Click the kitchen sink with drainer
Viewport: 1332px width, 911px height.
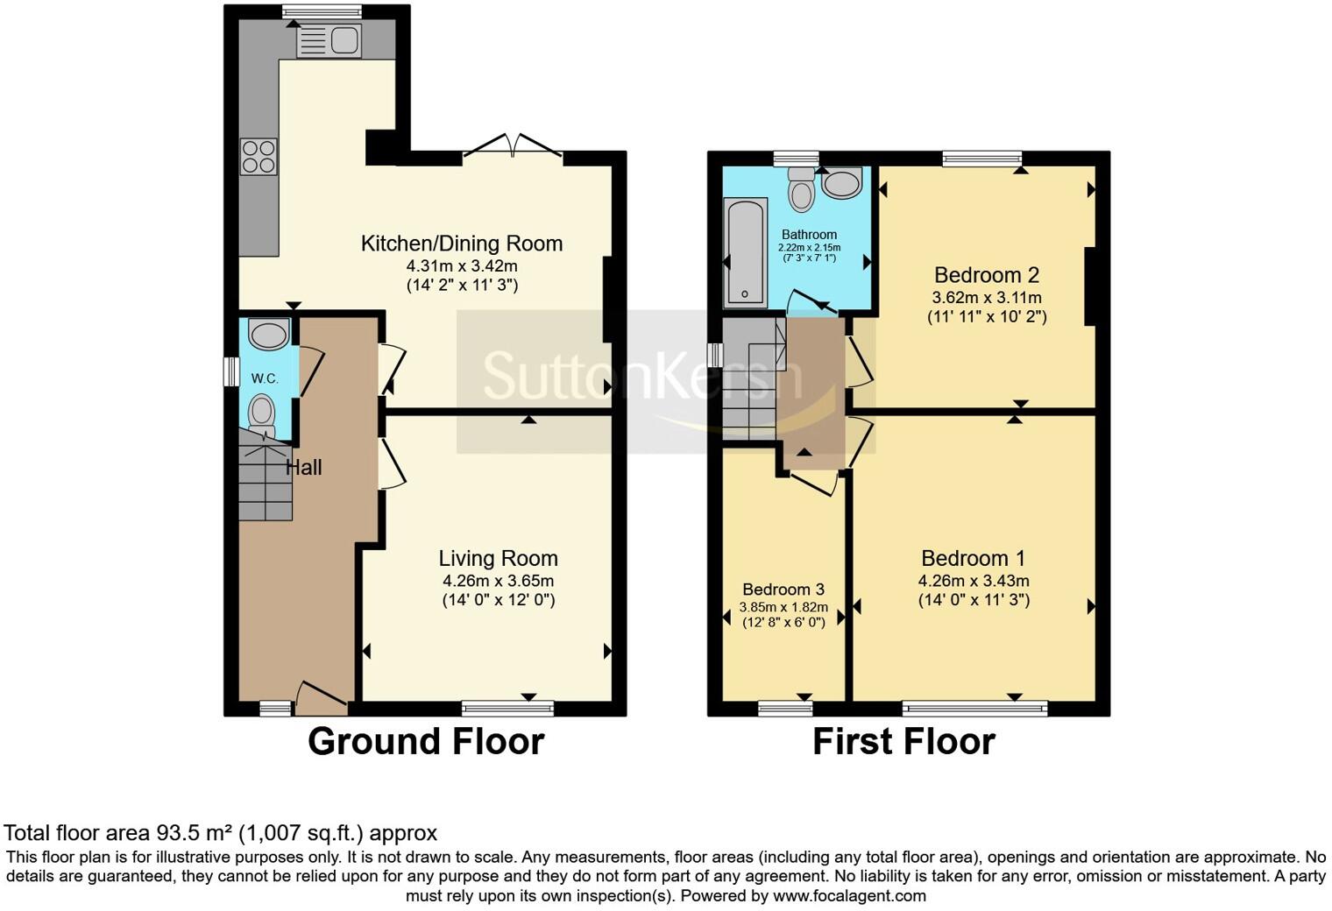point(329,41)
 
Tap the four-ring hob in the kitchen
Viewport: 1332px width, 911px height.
point(259,156)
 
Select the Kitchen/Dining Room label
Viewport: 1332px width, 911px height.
point(462,244)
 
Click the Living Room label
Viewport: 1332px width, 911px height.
point(499,559)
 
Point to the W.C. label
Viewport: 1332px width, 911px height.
point(265,378)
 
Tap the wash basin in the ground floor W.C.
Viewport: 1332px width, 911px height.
point(269,335)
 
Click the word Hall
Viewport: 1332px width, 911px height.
point(304,467)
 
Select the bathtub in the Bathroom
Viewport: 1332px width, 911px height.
point(745,253)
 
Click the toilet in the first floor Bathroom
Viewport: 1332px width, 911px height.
point(802,189)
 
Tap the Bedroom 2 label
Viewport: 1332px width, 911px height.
point(987,275)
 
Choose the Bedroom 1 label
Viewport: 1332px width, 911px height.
point(974,559)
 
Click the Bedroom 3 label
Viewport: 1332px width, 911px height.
point(783,589)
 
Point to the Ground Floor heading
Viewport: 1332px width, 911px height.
point(427,742)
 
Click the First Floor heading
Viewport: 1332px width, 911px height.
point(903,742)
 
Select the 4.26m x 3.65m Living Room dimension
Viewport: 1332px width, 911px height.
point(499,581)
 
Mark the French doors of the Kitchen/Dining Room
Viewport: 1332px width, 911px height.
point(514,147)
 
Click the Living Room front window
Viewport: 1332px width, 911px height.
point(508,708)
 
